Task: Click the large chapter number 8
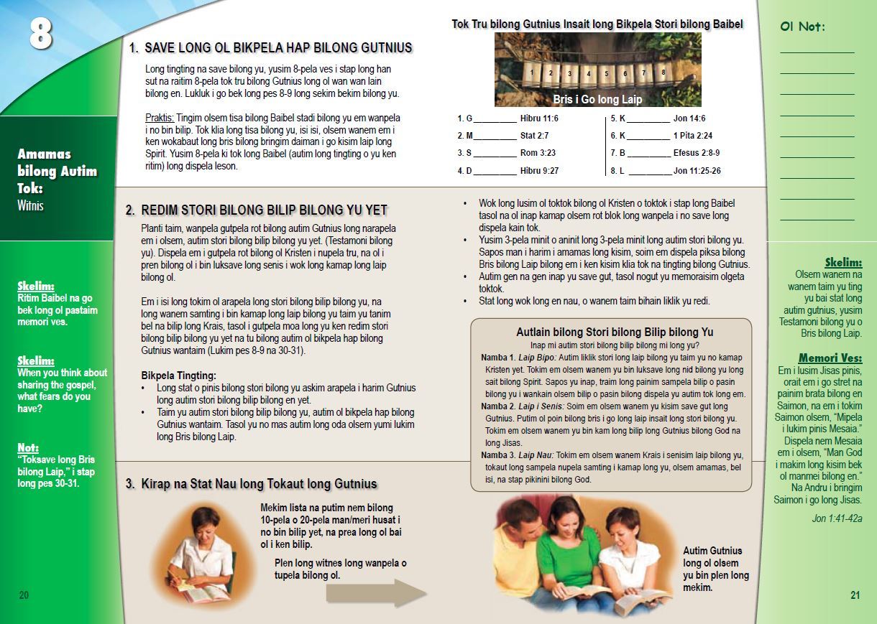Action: pos(40,33)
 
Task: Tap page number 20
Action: pos(24,595)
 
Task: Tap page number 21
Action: pos(855,595)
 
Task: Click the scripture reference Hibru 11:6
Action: pos(539,118)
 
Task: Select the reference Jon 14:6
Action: pos(689,118)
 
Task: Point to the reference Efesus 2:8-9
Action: pos(696,153)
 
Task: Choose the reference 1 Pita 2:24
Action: pos(693,135)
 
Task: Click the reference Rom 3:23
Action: pos(538,153)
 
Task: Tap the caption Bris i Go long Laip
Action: pos(597,99)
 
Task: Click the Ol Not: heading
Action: pos(802,27)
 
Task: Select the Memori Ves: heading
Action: pos(830,358)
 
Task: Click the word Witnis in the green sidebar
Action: pos(30,206)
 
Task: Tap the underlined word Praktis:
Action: pos(160,117)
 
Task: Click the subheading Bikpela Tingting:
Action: pos(178,376)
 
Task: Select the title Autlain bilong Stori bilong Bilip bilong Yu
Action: pos(615,332)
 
